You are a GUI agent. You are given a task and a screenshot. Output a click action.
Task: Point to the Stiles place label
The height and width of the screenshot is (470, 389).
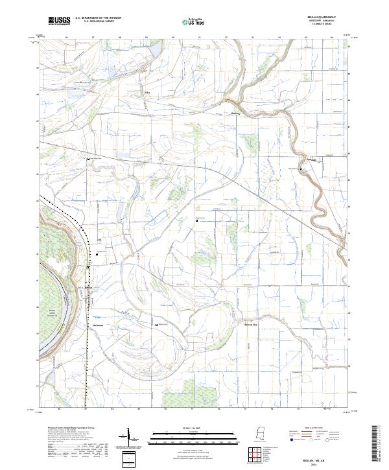(x=146, y=92)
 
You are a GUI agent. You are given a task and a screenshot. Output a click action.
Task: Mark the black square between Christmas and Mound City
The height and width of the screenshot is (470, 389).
(x=156, y=325)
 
